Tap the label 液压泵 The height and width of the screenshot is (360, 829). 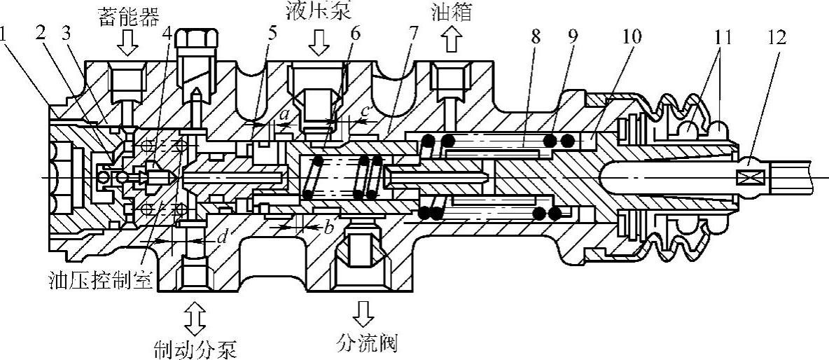pos(318,10)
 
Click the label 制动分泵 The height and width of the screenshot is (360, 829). pos(195,348)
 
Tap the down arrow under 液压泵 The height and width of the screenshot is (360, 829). pos(318,42)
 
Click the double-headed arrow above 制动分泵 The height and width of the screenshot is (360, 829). pos(195,317)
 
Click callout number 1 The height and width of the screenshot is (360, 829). pos(6,36)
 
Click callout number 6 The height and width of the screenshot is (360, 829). pos(355,34)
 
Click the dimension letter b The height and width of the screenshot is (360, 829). pos(329,228)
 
